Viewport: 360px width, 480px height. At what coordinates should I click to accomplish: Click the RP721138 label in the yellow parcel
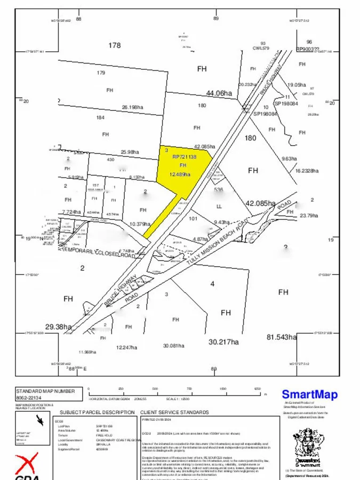coord(185,157)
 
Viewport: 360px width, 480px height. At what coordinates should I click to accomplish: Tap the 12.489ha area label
coord(180,174)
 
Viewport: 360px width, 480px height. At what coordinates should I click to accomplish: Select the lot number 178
coord(115,45)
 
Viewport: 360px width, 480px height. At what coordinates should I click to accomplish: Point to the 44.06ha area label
coord(219,93)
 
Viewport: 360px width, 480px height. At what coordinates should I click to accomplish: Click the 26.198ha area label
coord(132,107)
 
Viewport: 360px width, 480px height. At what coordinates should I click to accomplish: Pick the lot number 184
coord(100,118)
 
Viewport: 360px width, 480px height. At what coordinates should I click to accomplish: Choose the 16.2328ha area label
coord(307,171)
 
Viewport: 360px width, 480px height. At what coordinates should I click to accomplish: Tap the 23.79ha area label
coord(309,215)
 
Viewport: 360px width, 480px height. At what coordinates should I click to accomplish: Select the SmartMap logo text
coord(309,395)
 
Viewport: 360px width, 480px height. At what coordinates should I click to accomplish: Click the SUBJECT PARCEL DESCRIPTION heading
coord(97,412)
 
